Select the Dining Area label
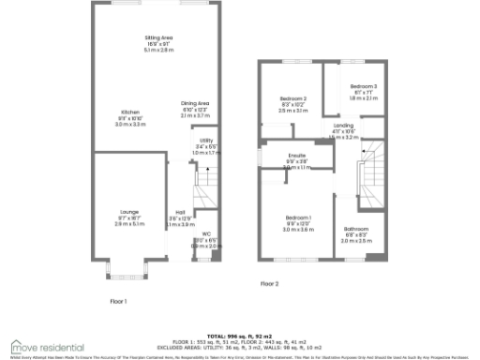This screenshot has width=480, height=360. (x=195, y=104)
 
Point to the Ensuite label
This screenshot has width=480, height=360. (x=296, y=157)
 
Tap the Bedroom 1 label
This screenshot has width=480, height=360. (x=298, y=218)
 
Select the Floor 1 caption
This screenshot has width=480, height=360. (x=118, y=301)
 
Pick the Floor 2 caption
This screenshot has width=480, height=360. (x=269, y=282)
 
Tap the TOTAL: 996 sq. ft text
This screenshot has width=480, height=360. (x=242, y=335)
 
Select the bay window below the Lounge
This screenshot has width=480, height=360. (x=124, y=275)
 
